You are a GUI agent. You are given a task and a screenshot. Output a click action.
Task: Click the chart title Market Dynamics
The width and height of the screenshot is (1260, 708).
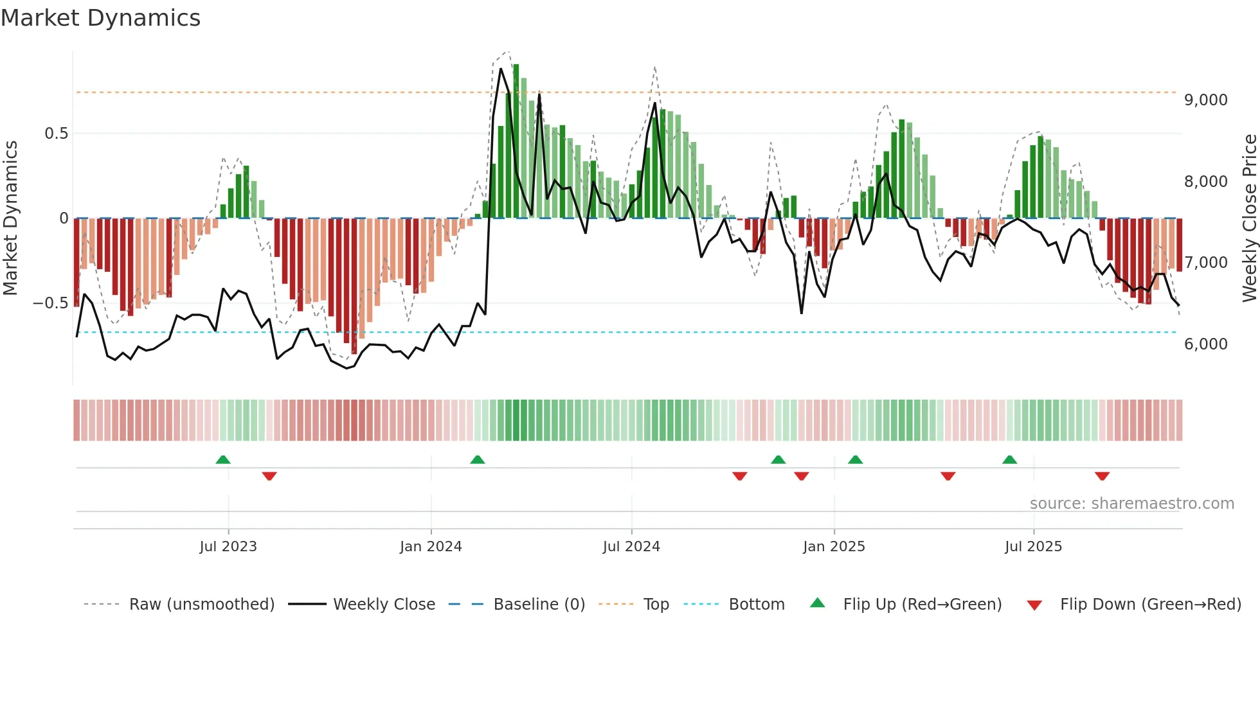[101, 18]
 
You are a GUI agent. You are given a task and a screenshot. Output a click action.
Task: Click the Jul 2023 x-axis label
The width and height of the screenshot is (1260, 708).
[228, 547]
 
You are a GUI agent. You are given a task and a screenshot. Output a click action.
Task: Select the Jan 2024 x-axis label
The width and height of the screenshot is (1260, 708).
[431, 547]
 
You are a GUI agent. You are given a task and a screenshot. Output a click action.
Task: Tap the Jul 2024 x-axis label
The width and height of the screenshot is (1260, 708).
[631, 547]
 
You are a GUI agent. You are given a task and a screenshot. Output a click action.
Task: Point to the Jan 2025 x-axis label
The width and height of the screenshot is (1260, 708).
[834, 547]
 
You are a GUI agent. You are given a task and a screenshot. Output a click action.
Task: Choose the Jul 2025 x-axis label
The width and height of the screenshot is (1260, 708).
[1033, 547]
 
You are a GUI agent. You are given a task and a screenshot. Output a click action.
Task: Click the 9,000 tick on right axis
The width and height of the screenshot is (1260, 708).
[1205, 100]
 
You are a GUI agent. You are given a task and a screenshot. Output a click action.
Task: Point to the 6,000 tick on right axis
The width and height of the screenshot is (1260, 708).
[1205, 344]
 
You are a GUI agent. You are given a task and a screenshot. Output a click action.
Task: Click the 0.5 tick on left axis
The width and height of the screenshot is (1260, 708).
[56, 134]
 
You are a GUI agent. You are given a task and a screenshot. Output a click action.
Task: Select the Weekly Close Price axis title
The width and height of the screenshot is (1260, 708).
[1249, 218]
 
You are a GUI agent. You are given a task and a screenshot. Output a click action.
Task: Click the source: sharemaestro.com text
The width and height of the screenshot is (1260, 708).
[1131, 504]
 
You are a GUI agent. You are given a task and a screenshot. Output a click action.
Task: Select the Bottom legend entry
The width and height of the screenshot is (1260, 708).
[756, 605]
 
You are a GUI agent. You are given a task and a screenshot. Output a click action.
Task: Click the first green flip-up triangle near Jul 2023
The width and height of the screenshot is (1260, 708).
[223, 460]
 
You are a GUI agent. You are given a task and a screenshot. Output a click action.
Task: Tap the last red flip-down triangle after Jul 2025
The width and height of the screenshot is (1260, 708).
[1102, 476]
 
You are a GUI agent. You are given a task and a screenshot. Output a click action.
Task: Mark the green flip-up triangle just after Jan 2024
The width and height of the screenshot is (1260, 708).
[477, 460]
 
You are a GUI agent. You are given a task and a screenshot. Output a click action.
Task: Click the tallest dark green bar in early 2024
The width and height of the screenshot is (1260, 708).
[516, 141]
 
